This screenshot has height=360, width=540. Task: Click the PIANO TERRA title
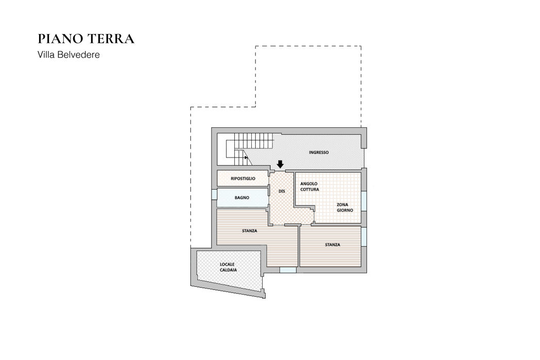(86, 39)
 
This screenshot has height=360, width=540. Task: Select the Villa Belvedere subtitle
(68, 55)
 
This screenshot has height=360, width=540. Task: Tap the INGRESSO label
(319, 152)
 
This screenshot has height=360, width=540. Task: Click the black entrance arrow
(281, 164)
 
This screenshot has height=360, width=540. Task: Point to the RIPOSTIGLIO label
(243, 178)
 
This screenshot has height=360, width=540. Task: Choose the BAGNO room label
(242, 198)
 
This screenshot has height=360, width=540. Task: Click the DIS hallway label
(282, 191)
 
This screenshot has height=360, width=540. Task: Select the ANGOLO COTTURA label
(309, 186)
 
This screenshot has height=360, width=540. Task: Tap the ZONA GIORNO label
(345, 208)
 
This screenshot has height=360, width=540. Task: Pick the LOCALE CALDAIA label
(229, 267)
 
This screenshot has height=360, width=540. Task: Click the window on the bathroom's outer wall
(214, 195)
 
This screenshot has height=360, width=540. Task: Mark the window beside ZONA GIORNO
(363, 201)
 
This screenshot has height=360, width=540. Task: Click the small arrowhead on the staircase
(246, 158)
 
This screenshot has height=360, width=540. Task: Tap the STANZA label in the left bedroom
(249, 231)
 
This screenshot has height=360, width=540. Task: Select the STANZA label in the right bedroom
(333, 245)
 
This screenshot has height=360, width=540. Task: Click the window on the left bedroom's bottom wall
(288, 270)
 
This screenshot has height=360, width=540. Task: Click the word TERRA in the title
(110, 39)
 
